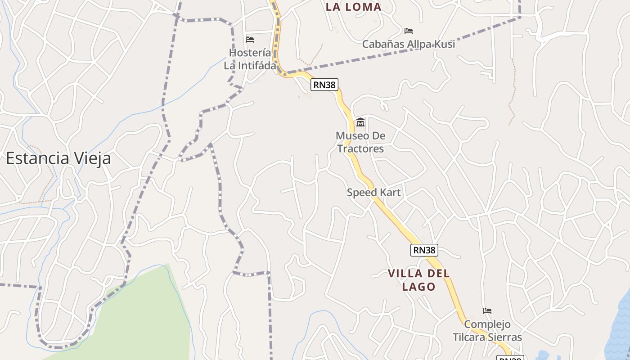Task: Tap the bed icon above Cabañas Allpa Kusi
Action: (409, 31)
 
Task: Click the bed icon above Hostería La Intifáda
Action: (250, 40)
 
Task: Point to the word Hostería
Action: (250, 53)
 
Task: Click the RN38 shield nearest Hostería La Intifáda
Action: (324, 85)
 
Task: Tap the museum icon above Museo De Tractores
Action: (360, 122)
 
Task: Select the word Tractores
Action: (360, 148)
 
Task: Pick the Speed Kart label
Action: (373, 193)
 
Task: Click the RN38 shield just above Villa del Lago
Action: (424, 250)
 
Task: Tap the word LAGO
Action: (418, 287)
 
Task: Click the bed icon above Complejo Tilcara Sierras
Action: (487, 310)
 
